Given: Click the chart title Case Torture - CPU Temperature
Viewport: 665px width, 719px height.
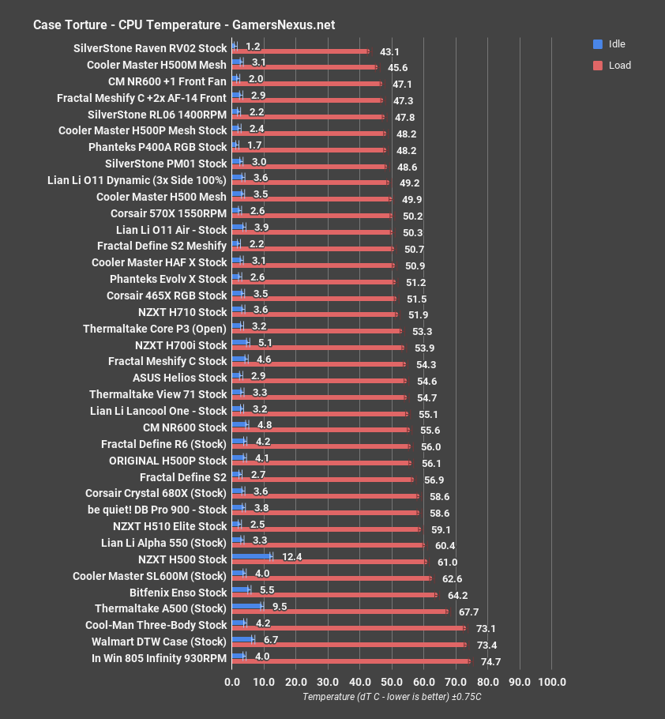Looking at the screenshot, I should pos(183,24).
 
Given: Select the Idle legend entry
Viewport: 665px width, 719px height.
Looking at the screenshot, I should pos(614,44).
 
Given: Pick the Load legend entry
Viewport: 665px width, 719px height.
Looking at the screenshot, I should pos(614,66).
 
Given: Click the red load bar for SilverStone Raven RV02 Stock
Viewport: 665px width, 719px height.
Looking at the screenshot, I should pos(300,51).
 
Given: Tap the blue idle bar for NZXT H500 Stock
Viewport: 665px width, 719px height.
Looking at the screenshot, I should pos(251,556).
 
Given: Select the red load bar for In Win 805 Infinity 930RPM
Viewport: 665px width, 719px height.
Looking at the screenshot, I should pos(351,661).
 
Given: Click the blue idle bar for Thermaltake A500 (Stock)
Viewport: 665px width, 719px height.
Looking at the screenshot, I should pos(247,606).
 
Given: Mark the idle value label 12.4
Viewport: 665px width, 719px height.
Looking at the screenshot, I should pos(292,558).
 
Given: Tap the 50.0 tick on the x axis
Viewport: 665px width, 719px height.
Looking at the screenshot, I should pos(392,682).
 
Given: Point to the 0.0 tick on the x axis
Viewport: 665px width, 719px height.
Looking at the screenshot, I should pos(232,682).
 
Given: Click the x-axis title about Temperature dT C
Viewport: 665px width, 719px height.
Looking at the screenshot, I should pos(392,697).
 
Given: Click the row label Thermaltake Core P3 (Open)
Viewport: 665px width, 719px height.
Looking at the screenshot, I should pos(154,328).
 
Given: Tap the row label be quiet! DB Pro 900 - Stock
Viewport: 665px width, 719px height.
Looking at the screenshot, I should pos(157,510).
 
